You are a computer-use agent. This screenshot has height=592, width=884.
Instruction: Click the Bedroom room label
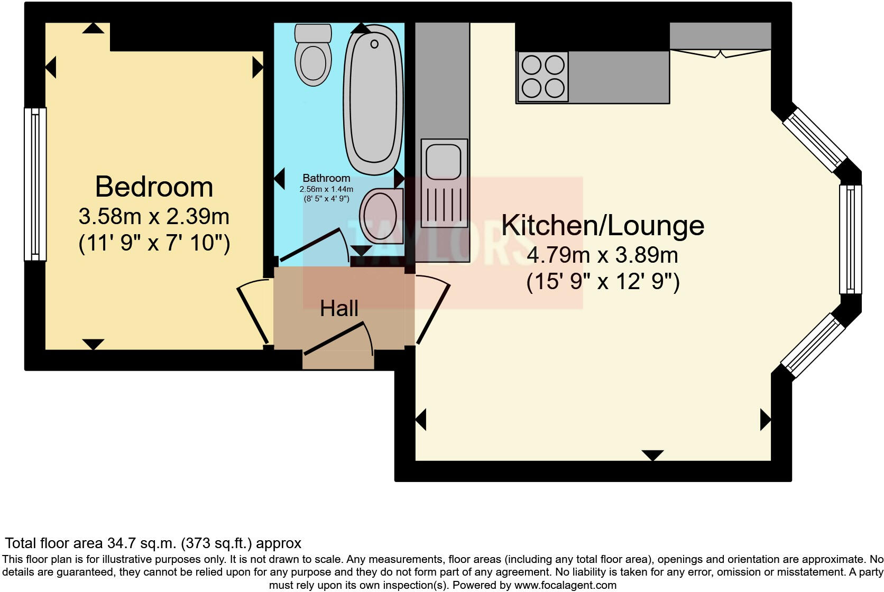(154, 187)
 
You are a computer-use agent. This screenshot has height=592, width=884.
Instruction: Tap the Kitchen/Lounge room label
(602, 226)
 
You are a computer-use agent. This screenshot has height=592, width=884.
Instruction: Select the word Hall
(339, 309)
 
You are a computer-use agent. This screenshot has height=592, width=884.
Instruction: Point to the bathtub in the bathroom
(373, 99)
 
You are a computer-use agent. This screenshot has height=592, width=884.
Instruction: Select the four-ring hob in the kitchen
(543, 77)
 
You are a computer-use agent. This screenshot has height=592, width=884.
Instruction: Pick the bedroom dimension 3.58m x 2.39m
(154, 217)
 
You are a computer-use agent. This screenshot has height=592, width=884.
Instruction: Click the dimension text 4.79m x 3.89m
(602, 255)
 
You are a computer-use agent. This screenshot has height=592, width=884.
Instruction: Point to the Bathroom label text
(326, 178)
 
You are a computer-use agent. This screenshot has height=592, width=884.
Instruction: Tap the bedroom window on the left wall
(35, 184)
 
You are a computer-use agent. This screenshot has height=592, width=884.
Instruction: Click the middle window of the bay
(850, 239)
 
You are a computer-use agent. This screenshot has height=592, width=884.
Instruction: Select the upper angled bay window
(815, 140)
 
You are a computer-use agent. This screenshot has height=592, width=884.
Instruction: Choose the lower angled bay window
(813, 345)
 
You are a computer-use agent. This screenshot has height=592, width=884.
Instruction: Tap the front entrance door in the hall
(336, 339)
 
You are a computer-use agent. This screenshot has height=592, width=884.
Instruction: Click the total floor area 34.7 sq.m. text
(153, 543)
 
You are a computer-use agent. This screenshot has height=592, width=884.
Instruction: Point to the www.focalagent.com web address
(565, 585)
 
